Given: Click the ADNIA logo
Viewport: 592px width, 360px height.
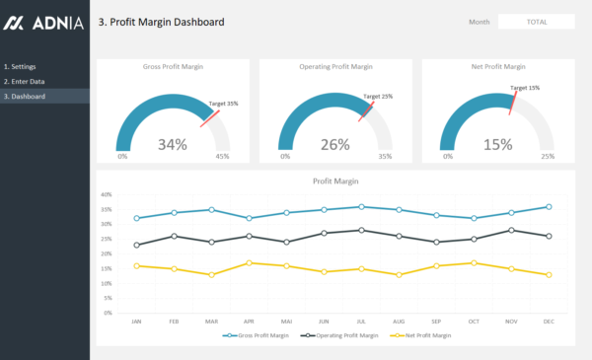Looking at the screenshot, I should (x=44, y=22).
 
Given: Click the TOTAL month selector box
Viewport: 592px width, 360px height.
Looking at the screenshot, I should (x=536, y=22).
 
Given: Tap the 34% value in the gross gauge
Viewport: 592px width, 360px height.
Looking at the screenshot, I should (x=173, y=145).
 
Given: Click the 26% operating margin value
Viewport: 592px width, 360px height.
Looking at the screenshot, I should (x=335, y=145).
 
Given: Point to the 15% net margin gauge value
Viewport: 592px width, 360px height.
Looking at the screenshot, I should (x=498, y=145).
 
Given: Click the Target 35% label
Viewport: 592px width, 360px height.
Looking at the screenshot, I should (x=223, y=103).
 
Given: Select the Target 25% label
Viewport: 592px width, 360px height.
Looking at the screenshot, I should (x=378, y=97).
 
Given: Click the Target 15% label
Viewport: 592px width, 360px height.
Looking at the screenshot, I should (x=525, y=88).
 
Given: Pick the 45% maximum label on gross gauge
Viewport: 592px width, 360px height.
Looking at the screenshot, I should (x=223, y=156).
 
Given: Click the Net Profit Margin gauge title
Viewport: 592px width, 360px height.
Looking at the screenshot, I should (x=498, y=67).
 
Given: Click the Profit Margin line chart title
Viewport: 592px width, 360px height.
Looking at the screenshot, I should (x=335, y=181).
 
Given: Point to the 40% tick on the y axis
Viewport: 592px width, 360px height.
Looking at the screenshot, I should (x=106, y=194).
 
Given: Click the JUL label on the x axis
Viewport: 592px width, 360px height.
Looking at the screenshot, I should (x=361, y=321).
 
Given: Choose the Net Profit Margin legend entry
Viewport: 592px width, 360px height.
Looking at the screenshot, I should (x=425, y=335).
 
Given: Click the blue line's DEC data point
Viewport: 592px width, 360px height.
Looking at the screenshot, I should (x=548, y=207).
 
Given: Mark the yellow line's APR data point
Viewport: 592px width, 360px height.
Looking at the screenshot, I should (x=249, y=263).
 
